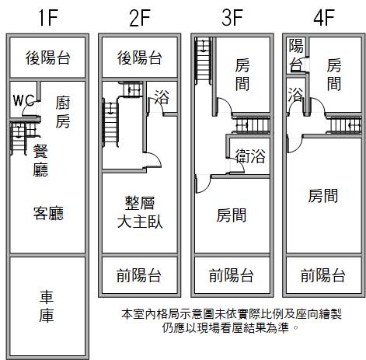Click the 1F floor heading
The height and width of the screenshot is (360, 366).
[48, 18]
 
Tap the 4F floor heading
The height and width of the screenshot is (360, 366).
[324, 18]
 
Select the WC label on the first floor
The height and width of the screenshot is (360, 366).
[23, 100]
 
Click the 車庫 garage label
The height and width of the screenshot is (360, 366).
[47, 306]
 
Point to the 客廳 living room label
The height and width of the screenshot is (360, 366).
[48, 213]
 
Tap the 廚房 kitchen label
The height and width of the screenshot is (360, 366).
[63, 112]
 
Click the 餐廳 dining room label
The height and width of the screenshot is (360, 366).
[40, 160]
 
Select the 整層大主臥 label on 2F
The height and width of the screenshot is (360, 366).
[140, 212]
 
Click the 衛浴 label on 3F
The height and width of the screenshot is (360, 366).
[250, 156]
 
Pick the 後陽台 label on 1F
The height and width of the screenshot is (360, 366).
[47, 58]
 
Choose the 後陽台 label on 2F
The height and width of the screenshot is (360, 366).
[140, 58]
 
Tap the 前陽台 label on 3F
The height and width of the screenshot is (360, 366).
[232, 275]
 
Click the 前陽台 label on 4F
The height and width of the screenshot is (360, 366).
[323, 275]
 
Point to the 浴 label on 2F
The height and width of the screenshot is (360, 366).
[162, 97]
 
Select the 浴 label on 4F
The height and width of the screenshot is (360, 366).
[295, 94]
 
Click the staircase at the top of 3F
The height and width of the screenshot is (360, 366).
[204, 61]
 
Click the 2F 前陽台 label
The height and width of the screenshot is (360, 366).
[139, 275]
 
